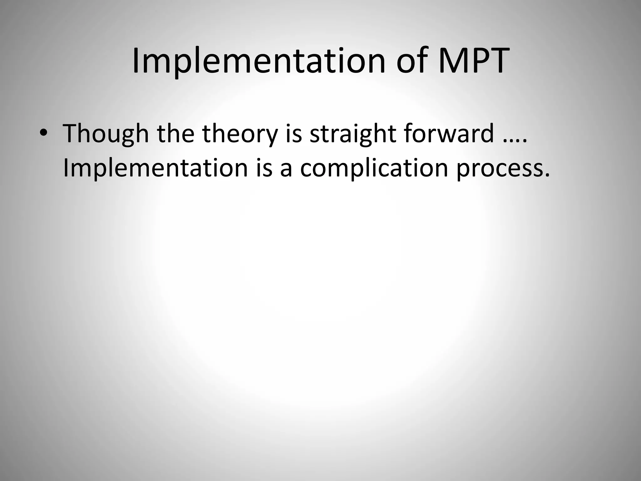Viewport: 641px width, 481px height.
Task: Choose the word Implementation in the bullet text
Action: point(156,168)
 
